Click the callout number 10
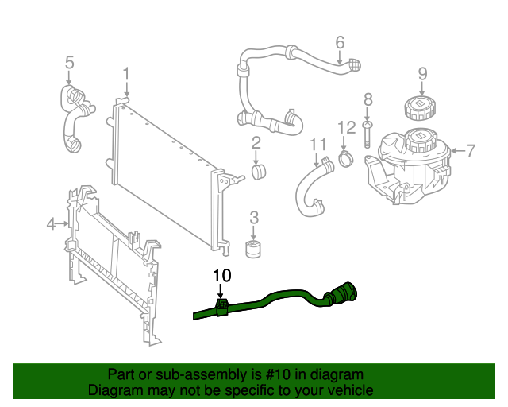coord(221,276)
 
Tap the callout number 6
coord(340,41)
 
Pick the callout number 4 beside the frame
coord(52,224)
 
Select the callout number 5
coord(69,61)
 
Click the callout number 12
coord(347,126)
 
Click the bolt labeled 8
coord(368,133)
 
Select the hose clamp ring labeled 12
coord(346,157)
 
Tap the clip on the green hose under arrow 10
coord(221,307)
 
